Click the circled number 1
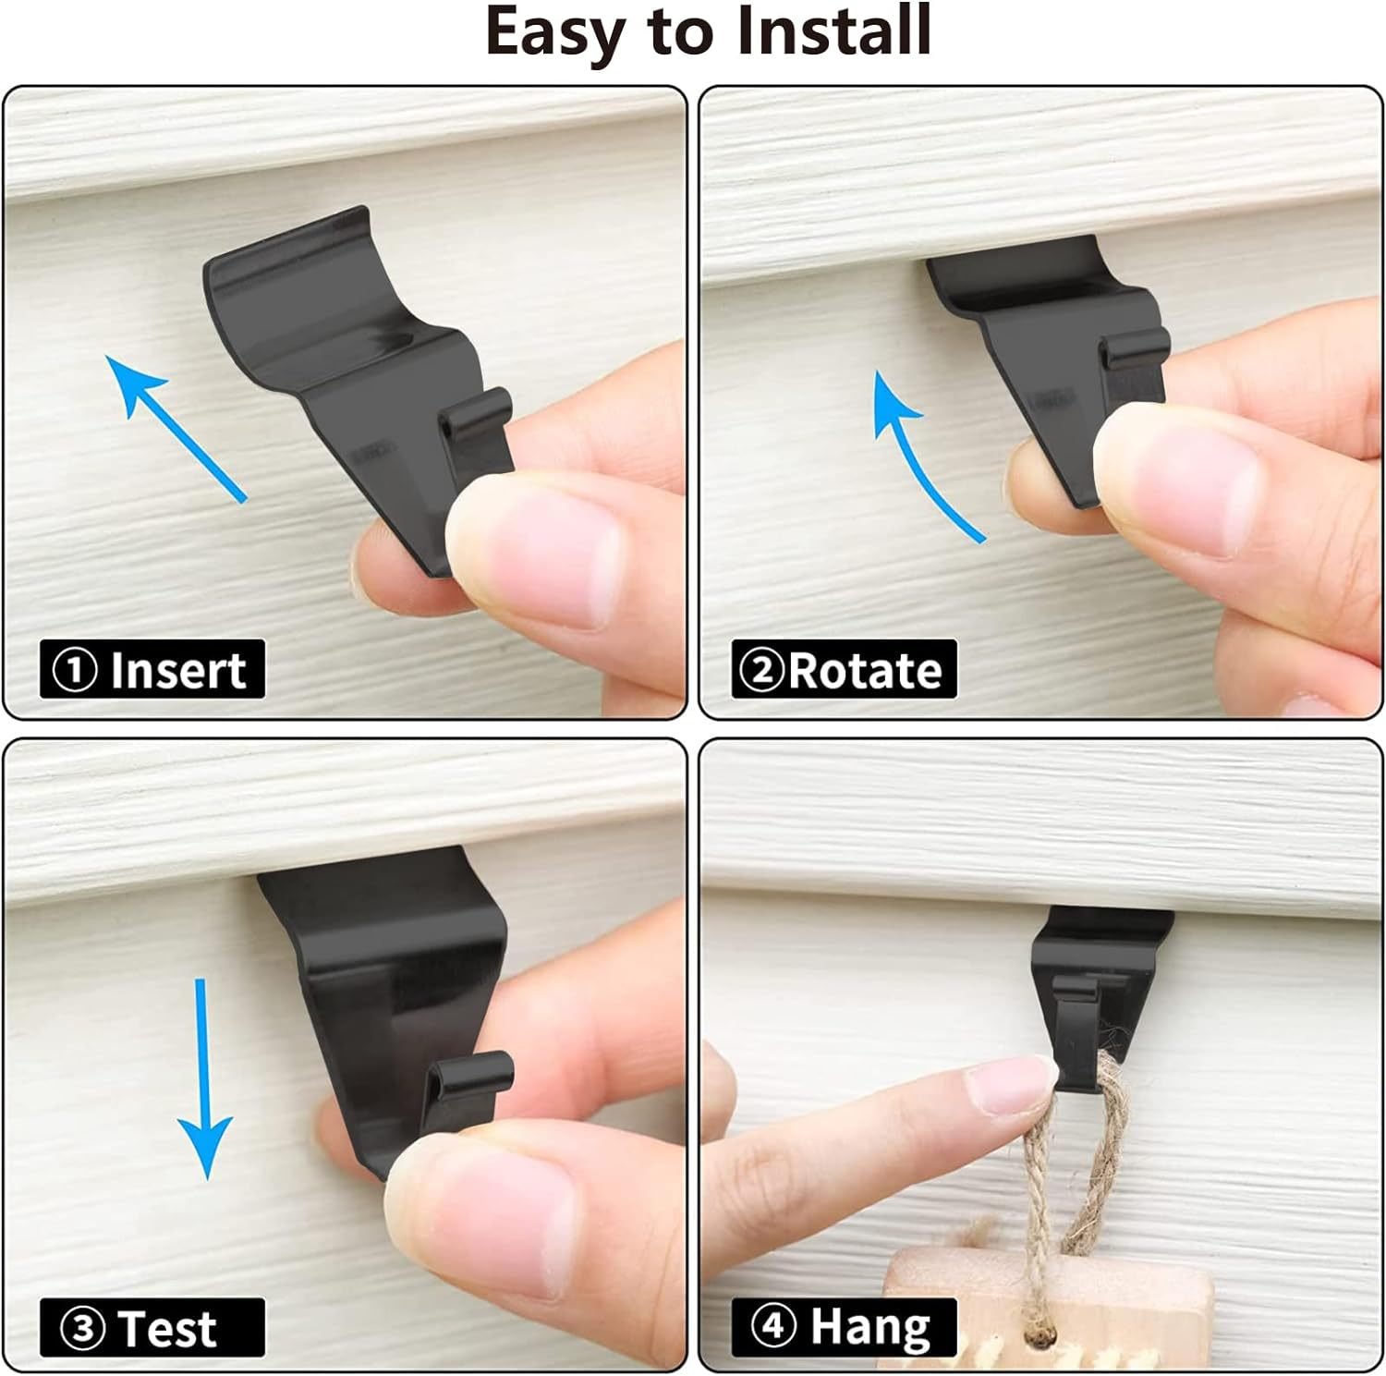click(75, 671)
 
